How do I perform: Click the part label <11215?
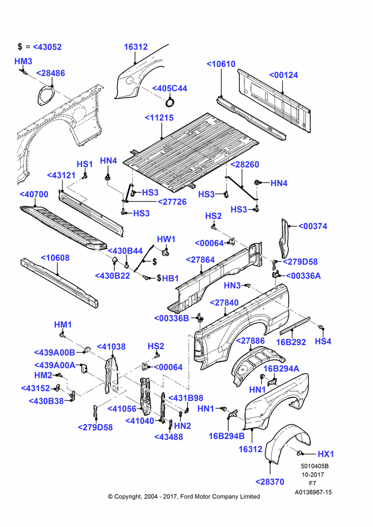click(159, 118)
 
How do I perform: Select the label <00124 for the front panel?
click(283, 75)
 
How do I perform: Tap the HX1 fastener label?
click(326, 454)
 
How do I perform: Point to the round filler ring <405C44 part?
click(171, 102)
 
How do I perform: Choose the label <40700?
click(34, 194)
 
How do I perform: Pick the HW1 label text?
click(166, 239)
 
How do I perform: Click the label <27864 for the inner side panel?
click(200, 260)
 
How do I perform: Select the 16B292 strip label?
click(291, 342)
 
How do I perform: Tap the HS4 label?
click(323, 341)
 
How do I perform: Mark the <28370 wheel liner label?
click(270, 482)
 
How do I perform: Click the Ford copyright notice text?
click(184, 496)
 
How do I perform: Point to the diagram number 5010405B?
click(315, 466)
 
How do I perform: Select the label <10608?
click(55, 258)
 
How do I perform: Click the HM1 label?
click(63, 325)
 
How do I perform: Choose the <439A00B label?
click(54, 352)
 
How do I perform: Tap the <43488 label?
click(169, 437)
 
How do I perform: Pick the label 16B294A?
click(281, 369)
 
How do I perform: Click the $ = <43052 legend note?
click(40, 47)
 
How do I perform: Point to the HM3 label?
click(23, 61)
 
